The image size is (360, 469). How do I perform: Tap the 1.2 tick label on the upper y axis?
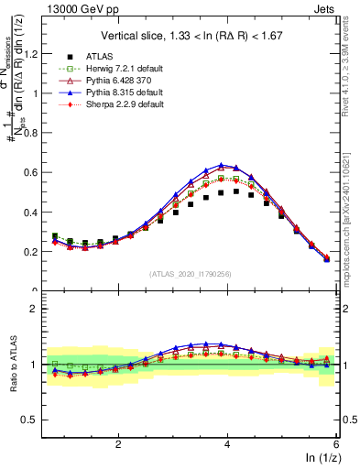click(x=32, y=53)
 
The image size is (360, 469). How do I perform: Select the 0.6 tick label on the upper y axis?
click(x=32, y=172)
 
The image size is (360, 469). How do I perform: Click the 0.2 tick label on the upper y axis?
click(x=32, y=251)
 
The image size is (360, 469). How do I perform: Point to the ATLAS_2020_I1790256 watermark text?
click(x=191, y=274)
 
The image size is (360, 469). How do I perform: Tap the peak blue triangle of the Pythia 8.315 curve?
click(x=222, y=165)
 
